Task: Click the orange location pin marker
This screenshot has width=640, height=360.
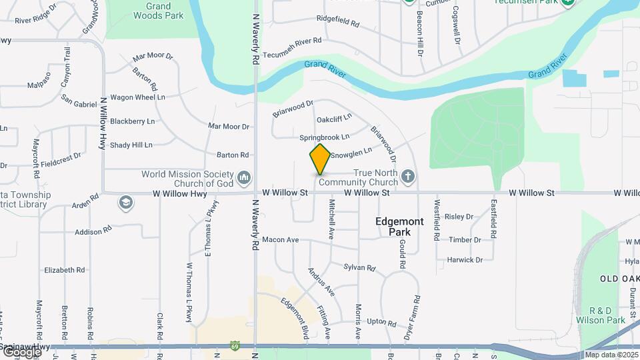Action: pos(321,159)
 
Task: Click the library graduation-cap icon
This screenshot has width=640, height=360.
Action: pos(125,203)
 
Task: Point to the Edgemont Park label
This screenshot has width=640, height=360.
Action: pos(399,227)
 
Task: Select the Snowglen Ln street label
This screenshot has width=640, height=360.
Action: pos(351,155)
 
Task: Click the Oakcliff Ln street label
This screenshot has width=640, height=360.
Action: pos(334,119)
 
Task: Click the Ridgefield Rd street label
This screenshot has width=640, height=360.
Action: pos(338,23)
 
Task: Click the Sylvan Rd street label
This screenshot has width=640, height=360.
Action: pos(360,267)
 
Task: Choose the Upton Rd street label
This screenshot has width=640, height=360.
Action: pos(382,322)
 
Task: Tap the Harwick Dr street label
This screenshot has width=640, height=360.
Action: pos(465,260)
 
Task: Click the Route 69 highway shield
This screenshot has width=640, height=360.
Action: pos(235,346)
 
